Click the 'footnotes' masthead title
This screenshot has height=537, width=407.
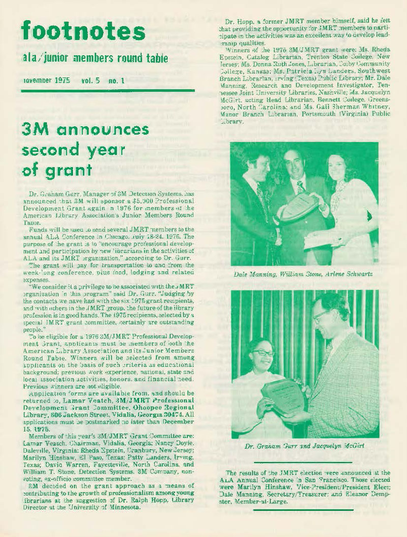pyautogui.click(x=83, y=32)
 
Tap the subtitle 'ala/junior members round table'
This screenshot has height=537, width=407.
pyautogui.click(x=95, y=59)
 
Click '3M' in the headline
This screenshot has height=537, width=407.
pyautogui.click(x=35, y=130)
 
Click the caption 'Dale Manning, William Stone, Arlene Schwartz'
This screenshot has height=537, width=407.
pyautogui.click(x=304, y=274)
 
